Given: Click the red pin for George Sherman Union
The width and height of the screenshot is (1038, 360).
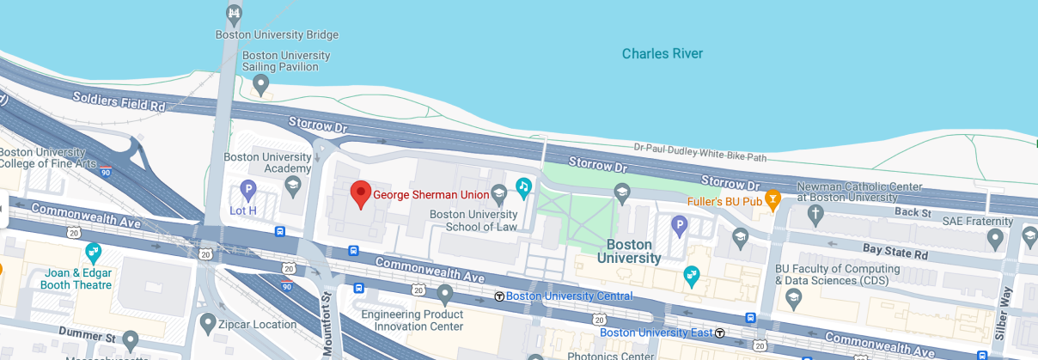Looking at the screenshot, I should tap(361, 194).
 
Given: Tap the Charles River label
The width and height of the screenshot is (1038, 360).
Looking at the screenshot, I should tap(662, 54).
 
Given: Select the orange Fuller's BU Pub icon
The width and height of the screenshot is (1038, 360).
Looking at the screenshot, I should tap(772, 201).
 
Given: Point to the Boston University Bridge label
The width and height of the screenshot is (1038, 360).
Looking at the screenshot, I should tap(277, 35).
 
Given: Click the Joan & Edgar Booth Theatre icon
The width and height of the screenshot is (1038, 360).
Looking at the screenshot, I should tap(94, 253).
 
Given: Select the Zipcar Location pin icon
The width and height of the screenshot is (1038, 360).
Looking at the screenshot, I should tap(207, 324).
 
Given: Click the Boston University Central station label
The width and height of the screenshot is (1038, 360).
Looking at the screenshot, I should tap(569, 296).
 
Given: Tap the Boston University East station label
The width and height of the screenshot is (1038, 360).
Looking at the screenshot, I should tap(656, 333).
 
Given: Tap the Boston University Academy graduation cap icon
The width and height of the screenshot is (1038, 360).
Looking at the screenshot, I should tap(292, 186).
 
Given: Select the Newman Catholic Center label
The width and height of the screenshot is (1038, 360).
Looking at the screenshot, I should tap(859, 192).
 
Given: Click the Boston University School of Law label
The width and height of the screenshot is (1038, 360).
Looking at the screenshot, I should tap(473, 221).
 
